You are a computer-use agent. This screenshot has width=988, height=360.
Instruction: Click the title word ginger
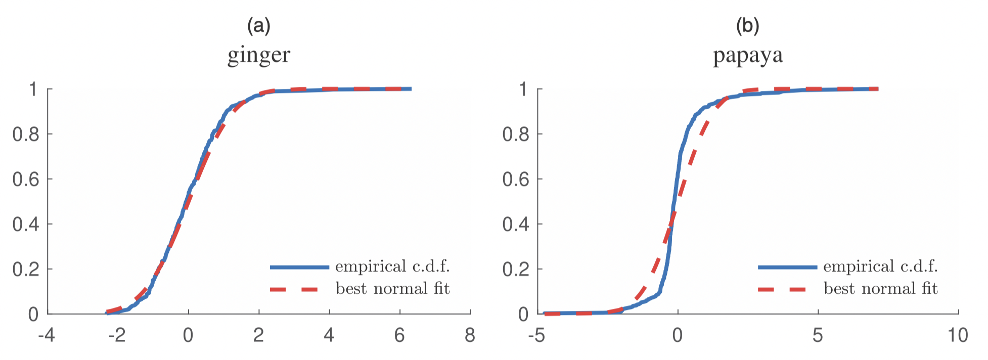(x=259, y=55)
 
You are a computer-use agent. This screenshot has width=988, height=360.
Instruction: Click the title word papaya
(x=748, y=55)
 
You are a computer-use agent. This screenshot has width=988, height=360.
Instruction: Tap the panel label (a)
(x=258, y=25)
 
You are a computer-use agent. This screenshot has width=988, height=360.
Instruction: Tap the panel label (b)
(x=747, y=25)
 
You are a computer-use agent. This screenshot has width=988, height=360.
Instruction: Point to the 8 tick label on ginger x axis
(x=470, y=335)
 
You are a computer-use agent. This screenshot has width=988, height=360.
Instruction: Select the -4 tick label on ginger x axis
(x=47, y=335)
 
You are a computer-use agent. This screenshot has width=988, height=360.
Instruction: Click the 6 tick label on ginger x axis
(x=399, y=335)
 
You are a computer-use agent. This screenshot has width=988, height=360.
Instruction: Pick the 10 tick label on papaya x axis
(x=958, y=335)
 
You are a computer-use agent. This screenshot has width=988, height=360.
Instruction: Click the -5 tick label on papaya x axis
(x=536, y=335)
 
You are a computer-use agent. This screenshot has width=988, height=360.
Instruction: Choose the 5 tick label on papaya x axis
(x=818, y=335)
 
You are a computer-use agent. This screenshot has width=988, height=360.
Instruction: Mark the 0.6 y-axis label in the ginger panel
(x=26, y=179)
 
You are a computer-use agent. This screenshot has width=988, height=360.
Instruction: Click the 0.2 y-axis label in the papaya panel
(x=516, y=269)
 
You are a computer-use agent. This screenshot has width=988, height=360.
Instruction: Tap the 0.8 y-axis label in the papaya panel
(x=516, y=134)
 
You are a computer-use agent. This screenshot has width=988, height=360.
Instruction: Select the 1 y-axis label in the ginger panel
(x=33, y=89)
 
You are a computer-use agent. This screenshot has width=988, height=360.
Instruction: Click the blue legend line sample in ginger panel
(x=299, y=267)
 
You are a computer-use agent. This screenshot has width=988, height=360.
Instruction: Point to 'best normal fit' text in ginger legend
(x=392, y=289)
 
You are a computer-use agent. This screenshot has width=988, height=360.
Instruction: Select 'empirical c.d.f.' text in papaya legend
(x=880, y=266)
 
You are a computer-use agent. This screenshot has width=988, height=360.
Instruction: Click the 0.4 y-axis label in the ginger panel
(x=26, y=224)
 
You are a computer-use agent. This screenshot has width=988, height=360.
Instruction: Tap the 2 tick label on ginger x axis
(x=258, y=335)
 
